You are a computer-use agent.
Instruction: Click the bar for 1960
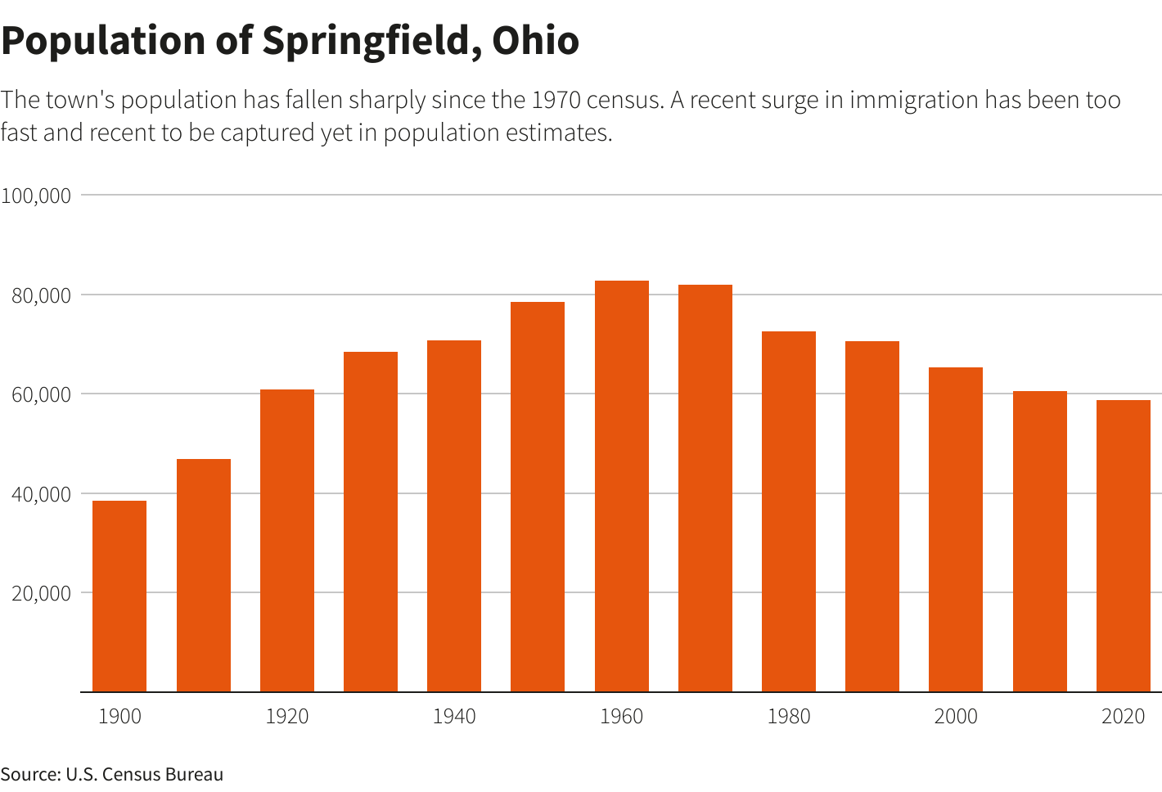(x=621, y=486)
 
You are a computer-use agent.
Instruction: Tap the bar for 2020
(x=1123, y=546)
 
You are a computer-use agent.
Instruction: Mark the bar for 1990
(x=871, y=516)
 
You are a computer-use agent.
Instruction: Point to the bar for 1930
(x=370, y=521)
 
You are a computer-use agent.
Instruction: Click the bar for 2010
(x=1039, y=541)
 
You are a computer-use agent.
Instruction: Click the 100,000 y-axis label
(x=36, y=196)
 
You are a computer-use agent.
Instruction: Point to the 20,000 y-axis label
(x=41, y=593)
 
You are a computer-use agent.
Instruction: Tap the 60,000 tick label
(x=41, y=394)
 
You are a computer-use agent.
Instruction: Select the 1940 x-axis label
(x=454, y=717)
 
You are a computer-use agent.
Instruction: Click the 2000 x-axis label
(x=956, y=717)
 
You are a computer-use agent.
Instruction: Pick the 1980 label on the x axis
(x=789, y=717)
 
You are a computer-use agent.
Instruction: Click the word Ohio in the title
(x=535, y=40)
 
